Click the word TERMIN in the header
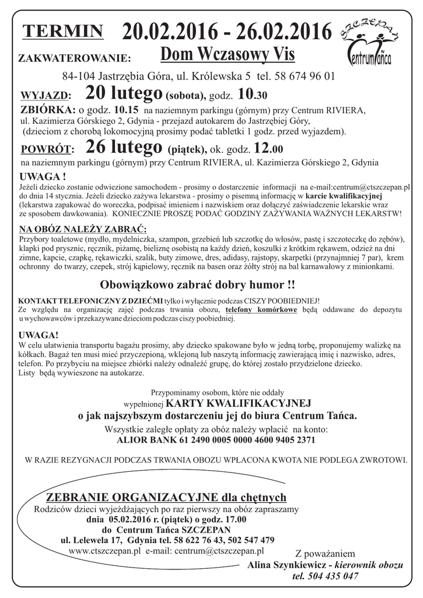click(x=63, y=32)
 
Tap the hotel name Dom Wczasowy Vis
click(x=228, y=55)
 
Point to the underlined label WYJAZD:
click(x=46, y=96)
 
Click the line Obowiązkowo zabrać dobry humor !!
click(x=197, y=286)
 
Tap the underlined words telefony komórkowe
click(x=261, y=310)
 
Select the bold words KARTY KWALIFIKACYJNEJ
click(x=238, y=403)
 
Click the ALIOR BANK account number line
click(x=217, y=441)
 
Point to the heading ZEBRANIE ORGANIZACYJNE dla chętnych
click(x=166, y=498)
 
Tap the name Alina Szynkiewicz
click(x=286, y=565)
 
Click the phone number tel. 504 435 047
click(x=326, y=576)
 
